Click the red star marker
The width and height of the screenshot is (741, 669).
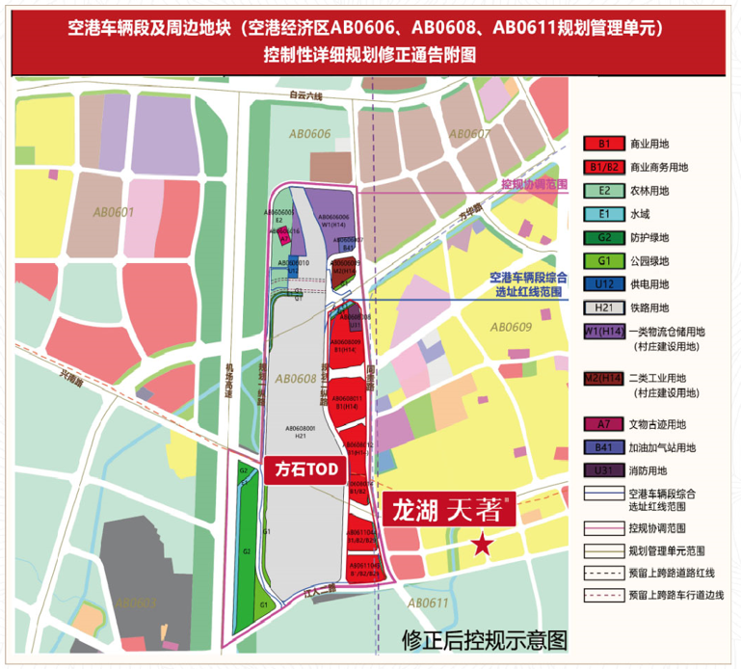483,546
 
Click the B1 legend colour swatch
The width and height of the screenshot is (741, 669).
604,144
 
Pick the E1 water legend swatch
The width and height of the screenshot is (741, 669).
604,214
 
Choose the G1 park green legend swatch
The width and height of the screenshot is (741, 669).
604,260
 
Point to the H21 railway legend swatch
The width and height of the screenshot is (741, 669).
604,307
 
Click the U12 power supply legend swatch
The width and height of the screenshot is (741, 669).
604,283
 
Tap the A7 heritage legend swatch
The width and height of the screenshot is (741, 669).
604,424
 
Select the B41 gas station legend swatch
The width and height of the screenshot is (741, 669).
604,447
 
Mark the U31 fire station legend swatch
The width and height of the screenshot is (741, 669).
604,470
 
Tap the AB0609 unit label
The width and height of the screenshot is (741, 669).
510,328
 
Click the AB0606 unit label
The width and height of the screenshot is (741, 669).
308,135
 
